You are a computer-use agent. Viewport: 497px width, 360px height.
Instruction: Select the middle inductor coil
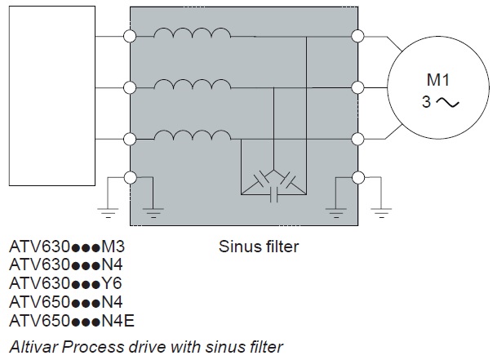point(193,82)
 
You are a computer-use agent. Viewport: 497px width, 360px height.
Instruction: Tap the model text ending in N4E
point(70,322)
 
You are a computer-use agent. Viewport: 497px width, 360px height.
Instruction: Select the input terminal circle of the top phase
point(129,36)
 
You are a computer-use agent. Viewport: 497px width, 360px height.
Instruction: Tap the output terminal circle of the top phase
point(356,36)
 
